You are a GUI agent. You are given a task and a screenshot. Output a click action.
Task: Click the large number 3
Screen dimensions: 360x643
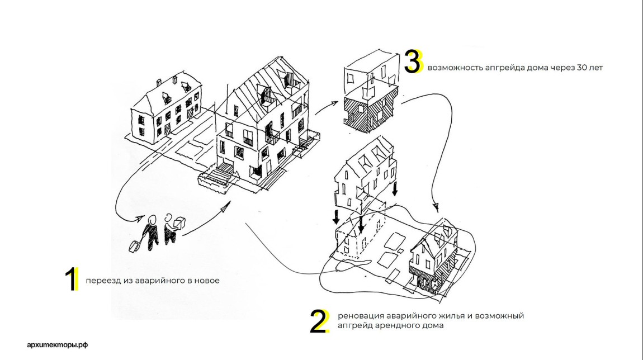click(413, 62)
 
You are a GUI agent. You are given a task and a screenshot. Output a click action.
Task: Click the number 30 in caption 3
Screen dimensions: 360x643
click(582, 68)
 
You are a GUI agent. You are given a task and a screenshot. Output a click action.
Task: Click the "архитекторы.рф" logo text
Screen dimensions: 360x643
click(58, 344)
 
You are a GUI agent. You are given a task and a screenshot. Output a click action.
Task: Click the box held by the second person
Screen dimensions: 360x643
click(179, 223)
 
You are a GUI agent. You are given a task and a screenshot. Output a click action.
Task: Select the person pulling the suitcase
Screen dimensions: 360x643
click(150, 230)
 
